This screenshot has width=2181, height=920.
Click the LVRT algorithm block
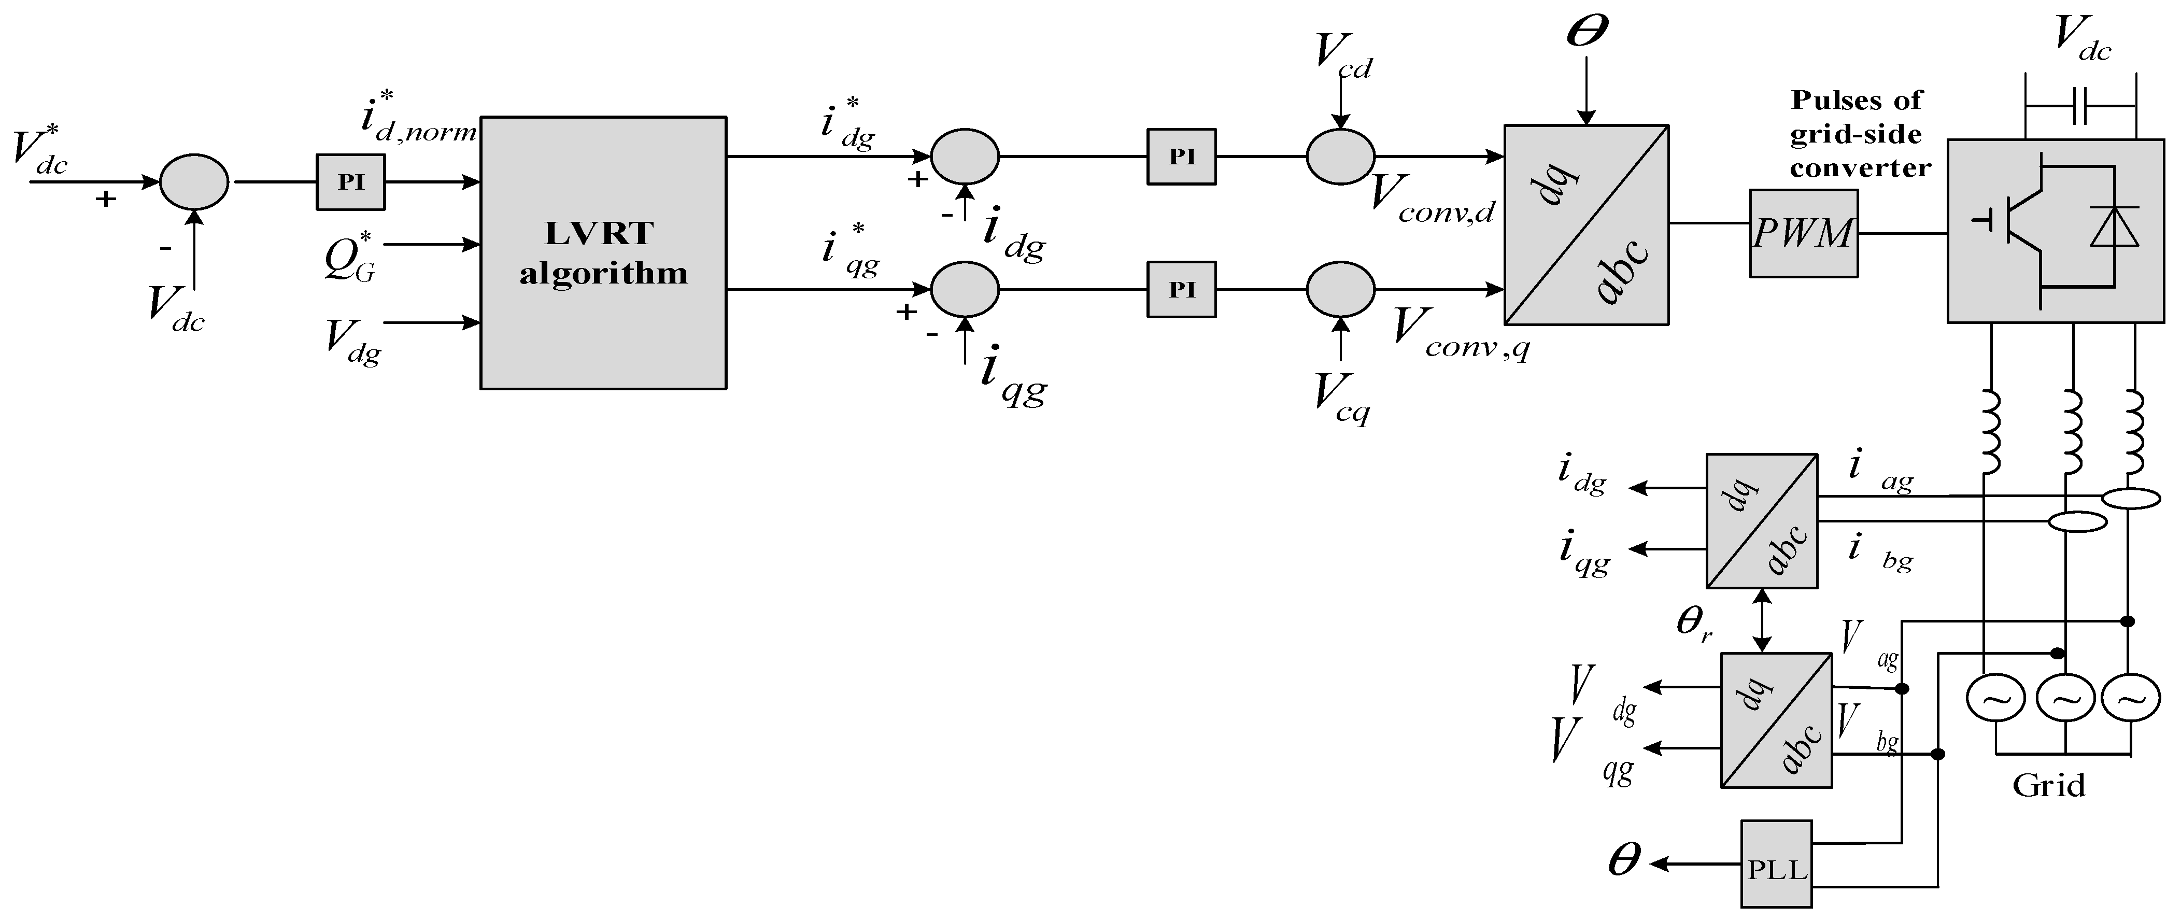tap(603, 253)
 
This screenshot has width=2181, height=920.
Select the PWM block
tap(1803, 233)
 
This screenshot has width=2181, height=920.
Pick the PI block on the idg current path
tap(1181, 157)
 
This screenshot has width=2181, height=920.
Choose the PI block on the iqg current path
tap(1181, 289)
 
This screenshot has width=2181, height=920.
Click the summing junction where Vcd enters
tap(1340, 157)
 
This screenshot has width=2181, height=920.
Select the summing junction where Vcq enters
tap(1340, 289)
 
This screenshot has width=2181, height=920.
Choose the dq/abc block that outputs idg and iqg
tap(1761, 520)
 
